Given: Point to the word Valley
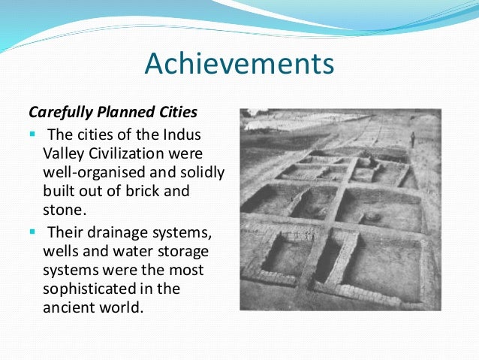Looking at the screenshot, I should (x=62, y=154).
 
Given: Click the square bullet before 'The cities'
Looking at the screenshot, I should (x=32, y=135).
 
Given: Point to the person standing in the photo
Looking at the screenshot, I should (x=411, y=139).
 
